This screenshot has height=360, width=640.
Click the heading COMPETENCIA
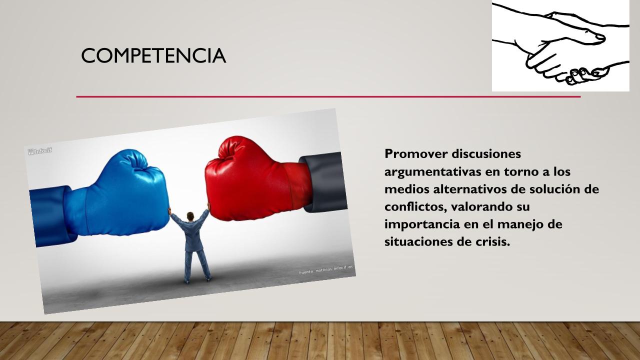tap(153, 55)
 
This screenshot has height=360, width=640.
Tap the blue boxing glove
tap(120, 194)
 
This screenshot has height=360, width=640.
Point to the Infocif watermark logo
tap(39, 150)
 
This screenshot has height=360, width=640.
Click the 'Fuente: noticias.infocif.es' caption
tap(326, 269)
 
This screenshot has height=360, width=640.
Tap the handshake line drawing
tap(560, 45)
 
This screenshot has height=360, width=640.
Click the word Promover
tap(416, 153)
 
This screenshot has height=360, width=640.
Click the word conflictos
tap(415, 207)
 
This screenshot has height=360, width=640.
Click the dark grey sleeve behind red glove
tap(325, 183)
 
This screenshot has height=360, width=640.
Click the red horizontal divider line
tap(328, 97)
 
